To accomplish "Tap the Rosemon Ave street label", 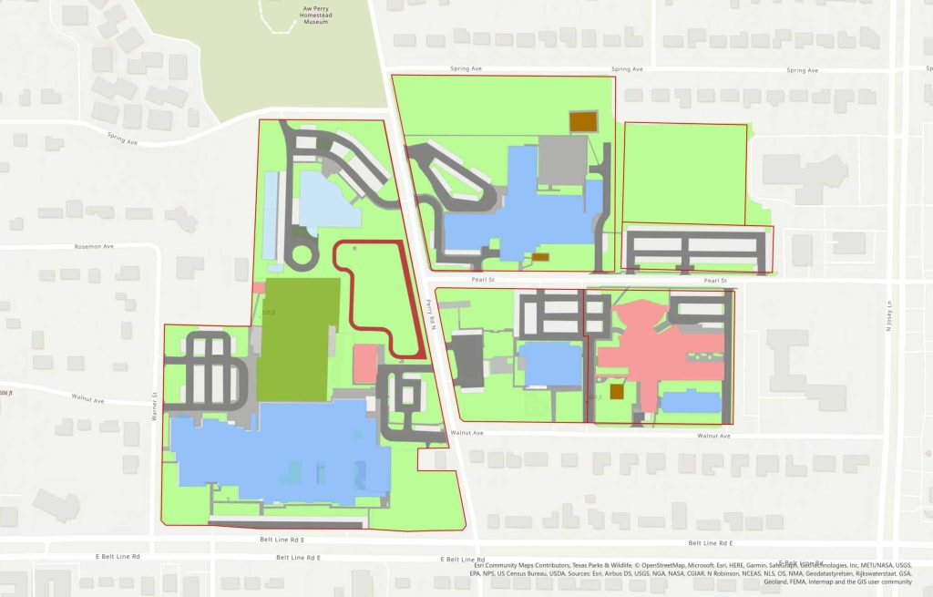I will click(x=94, y=247).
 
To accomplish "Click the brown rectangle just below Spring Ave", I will click(x=582, y=120).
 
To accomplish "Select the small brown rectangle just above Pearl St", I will click(x=540, y=256).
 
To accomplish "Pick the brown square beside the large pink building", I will click(x=617, y=391).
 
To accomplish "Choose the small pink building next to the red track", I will click(x=364, y=363).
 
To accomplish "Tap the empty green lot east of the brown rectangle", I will click(x=684, y=173).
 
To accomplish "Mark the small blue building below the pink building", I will click(x=691, y=401).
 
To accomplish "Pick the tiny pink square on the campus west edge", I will click(x=258, y=287).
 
